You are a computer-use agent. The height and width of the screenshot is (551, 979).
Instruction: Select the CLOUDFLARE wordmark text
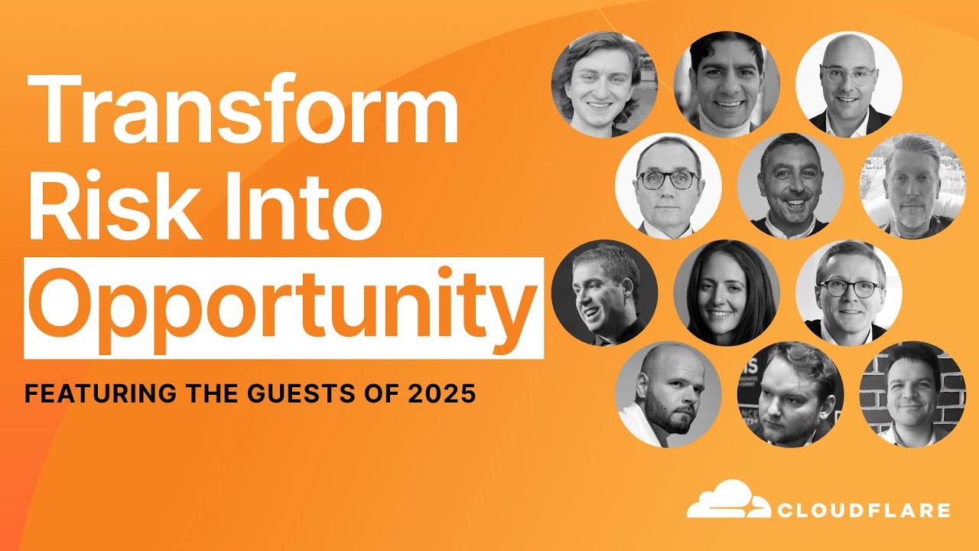click(x=864, y=510)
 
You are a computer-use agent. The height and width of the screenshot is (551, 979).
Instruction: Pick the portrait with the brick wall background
click(x=912, y=394)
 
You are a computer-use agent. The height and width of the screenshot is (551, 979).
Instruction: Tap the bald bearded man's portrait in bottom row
click(x=668, y=394)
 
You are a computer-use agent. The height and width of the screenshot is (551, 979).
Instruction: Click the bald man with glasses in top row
click(x=848, y=84)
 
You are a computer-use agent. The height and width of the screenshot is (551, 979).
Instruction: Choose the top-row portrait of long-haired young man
click(x=604, y=84)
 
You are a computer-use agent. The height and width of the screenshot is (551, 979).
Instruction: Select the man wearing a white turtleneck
click(x=727, y=84)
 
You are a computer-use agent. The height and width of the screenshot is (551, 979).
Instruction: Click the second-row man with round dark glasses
click(x=668, y=186)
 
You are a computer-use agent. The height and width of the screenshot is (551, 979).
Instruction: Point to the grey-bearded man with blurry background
click(x=912, y=186)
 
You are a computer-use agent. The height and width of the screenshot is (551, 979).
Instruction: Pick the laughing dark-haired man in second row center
click(x=790, y=186)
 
